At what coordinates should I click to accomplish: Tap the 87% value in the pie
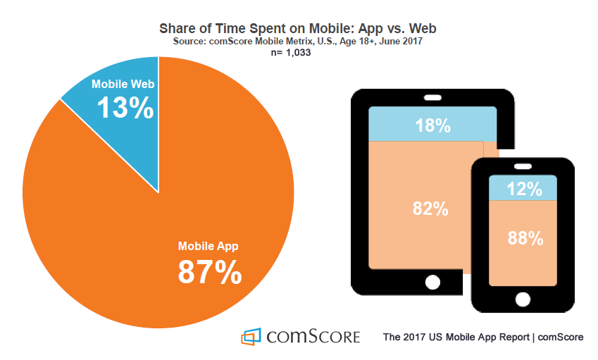(x=209, y=272)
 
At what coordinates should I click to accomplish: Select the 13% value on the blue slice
(x=125, y=108)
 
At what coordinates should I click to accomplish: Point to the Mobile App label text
(x=209, y=247)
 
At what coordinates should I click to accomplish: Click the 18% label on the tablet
(x=432, y=125)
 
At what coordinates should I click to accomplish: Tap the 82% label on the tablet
(x=430, y=209)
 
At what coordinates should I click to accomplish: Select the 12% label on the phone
(x=525, y=188)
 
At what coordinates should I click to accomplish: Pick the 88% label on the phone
(x=525, y=238)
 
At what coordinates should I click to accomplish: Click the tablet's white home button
(x=432, y=282)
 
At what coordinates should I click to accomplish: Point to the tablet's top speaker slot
(x=432, y=97)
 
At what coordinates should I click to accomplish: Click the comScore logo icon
(x=250, y=337)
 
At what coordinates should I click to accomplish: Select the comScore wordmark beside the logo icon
(x=313, y=336)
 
